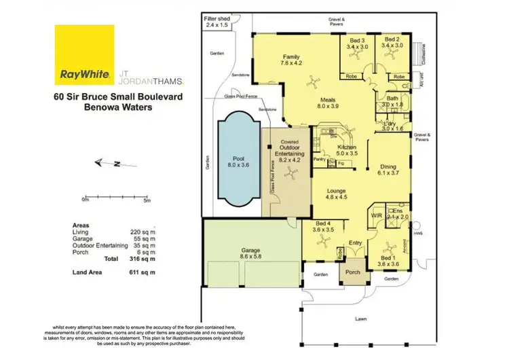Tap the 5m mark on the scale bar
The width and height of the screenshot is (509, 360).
click(147, 200)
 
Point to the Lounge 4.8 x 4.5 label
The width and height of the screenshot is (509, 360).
click(337, 196)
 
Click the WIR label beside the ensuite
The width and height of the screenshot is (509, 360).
click(377, 216)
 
